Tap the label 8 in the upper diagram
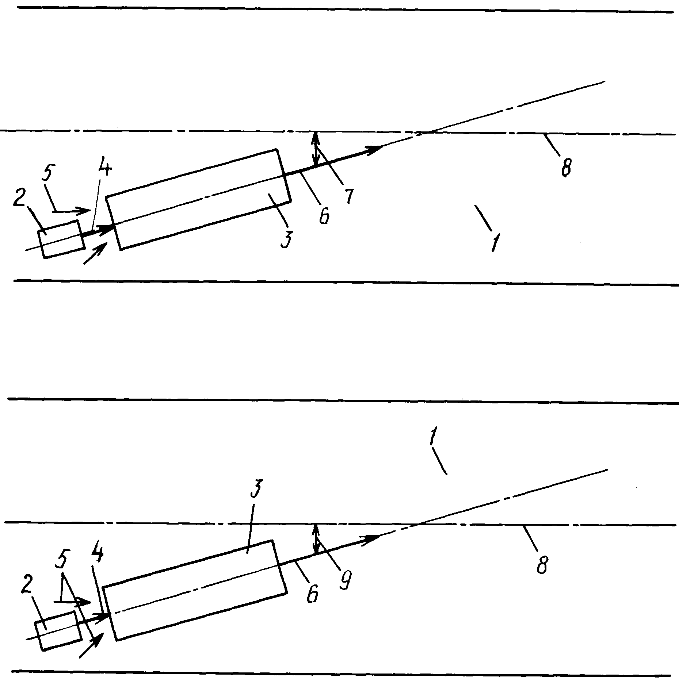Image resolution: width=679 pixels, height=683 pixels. click(x=566, y=166)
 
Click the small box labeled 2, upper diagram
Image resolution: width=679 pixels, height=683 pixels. click(x=61, y=239)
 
